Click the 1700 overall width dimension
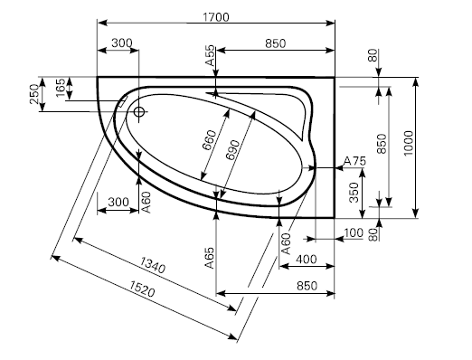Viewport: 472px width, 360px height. [216, 17]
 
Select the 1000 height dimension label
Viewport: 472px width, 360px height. [408, 143]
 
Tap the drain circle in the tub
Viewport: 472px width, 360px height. [139, 112]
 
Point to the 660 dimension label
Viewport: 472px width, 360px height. [209, 140]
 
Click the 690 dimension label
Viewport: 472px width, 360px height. [233, 150]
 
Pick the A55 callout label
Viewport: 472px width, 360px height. [210, 55]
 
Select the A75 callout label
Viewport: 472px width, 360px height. [354, 161]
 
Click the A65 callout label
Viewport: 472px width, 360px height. [210, 258]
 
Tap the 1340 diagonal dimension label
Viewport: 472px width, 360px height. [153, 265]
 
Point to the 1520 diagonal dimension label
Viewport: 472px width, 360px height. [142, 289]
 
